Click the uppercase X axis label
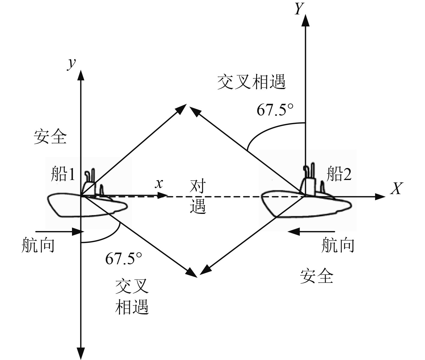[x=397, y=189]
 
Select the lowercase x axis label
[x=159, y=183]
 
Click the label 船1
[x=63, y=174]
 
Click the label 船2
[x=339, y=174]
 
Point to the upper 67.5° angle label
[x=275, y=110]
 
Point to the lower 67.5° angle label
[x=123, y=258]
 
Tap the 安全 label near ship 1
[x=49, y=137]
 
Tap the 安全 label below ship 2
[x=317, y=275]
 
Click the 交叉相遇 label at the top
[x=251, y=82]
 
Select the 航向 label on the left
[x=38, y=246]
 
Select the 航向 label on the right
[x=338, y=245]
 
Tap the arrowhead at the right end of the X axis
[x=380, y=197]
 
